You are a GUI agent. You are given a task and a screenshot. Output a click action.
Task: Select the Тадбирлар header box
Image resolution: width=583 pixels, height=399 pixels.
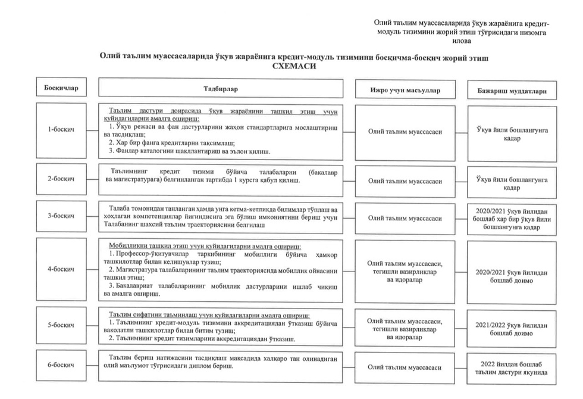coord(220,89)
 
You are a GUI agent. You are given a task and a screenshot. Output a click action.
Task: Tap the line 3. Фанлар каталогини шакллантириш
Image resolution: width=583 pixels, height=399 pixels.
coord(190,152)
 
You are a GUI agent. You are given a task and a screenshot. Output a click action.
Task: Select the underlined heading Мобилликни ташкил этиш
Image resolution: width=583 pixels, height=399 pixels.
coord(205,246)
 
